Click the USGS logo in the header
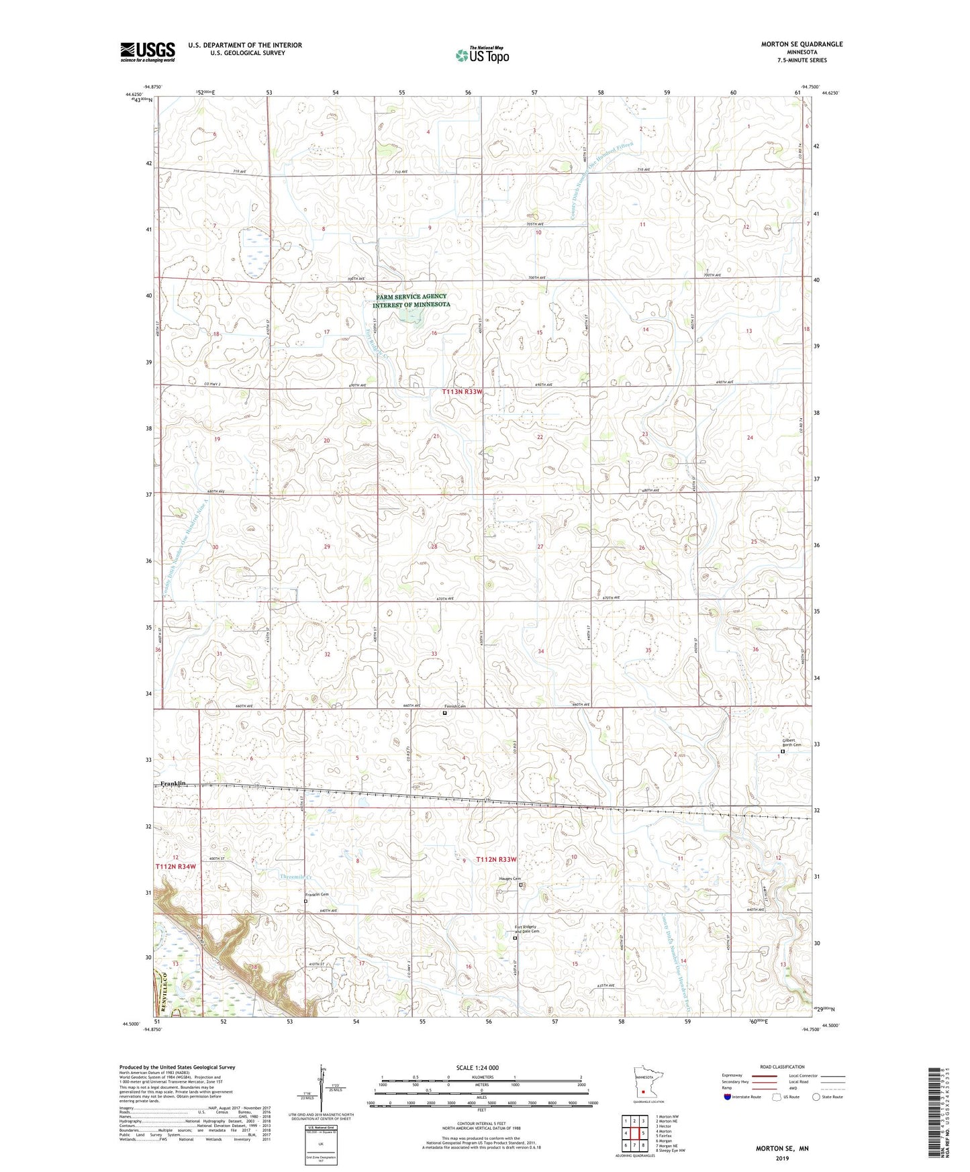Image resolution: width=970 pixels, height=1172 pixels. tap(148, 52)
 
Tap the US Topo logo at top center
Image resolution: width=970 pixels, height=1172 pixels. tap(482, 55)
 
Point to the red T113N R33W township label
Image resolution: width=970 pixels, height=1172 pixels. tap(462, 391)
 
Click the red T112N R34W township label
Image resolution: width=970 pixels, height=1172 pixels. tap(177, 867)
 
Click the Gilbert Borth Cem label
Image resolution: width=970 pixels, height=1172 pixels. tap(791, 742)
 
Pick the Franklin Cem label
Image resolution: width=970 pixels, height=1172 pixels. tap(317, 895)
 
